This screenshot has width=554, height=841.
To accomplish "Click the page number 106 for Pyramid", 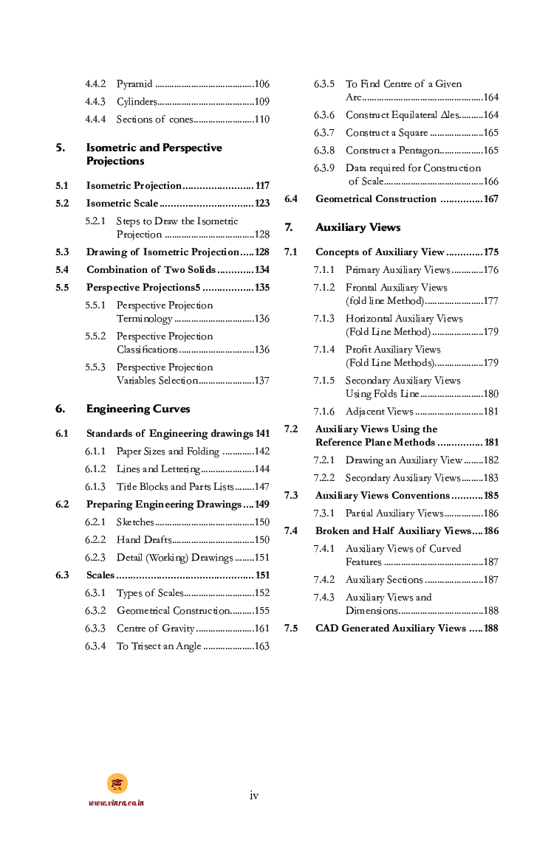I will [261, 84].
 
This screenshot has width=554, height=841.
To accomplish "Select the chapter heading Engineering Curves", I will [138, 409].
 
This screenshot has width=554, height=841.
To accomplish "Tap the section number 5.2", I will [62, 203].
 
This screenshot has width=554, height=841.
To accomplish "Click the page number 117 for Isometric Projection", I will [261, 185].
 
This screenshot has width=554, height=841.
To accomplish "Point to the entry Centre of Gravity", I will [156, 629].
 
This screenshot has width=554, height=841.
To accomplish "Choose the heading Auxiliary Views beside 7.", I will [358, 227].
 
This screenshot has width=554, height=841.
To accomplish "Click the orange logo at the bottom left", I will [117, 783].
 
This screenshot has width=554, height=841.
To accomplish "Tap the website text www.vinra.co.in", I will [117, 802].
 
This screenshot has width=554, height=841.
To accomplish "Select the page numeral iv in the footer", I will [254, 795].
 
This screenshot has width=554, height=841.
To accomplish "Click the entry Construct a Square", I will [387, 133].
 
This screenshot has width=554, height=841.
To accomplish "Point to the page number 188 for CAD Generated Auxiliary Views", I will [490, 629].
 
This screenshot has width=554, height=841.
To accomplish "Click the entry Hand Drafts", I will [144, 540].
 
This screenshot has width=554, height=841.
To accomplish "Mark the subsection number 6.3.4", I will [95, 646].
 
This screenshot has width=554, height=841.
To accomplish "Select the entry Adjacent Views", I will [380, 412].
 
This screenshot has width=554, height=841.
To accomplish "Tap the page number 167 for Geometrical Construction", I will [490, 199].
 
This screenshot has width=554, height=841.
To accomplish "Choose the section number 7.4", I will [291, 531].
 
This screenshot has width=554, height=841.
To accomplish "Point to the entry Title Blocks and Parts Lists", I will [174, 487].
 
